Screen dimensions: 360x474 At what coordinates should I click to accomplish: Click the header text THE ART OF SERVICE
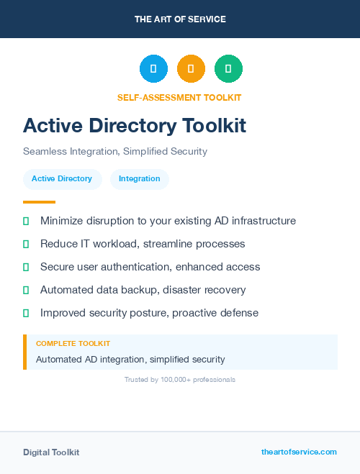180,19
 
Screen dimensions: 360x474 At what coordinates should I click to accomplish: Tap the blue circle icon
153,69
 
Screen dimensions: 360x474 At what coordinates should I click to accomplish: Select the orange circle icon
191,69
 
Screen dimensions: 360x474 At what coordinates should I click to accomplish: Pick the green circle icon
228,69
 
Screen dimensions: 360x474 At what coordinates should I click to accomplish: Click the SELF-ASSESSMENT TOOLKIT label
179,97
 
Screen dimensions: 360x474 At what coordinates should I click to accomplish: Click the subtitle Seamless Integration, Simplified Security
115,152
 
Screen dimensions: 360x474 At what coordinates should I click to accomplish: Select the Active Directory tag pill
62,178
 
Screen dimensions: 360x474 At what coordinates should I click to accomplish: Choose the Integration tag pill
140,178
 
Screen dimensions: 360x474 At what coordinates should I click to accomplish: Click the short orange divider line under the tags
39,202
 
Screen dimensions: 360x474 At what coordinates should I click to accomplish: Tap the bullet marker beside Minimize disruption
26,221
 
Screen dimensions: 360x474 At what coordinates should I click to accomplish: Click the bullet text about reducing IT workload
143,244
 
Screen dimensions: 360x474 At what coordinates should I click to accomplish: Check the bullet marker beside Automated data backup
26,290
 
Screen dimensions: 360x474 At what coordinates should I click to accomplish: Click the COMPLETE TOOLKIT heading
73,344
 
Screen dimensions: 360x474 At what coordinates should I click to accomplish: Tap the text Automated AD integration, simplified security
130,359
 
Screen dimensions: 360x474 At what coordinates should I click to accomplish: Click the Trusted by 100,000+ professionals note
180,379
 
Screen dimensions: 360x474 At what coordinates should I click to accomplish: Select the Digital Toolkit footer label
51,452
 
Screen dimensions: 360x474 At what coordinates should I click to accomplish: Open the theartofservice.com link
299,452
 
